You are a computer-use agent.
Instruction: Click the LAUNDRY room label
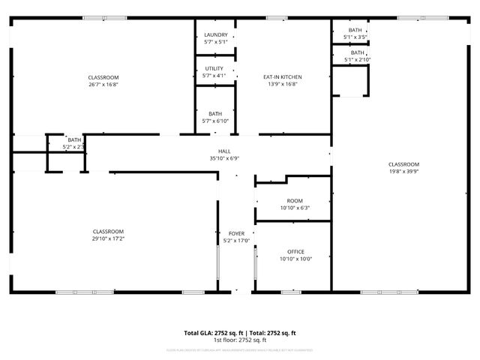click(x=215, y=34)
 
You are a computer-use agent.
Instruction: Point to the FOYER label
click(x=235, y=234)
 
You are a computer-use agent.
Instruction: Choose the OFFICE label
click(x=295, y=251)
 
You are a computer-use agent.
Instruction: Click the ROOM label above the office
click(x=295, y=201)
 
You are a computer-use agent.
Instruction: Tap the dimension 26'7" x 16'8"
click(x=103, y=85)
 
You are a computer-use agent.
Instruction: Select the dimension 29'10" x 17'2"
click(x=108, y=238)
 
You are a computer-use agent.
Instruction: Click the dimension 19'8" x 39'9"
click(x=403, y=172)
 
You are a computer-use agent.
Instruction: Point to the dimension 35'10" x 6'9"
click(x=224, y=158)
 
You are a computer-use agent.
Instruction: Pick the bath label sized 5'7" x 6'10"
click(x=215, y=121)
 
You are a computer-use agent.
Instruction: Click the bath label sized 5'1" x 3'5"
click(x=355, y=37)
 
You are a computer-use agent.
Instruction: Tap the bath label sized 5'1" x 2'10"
click(x=357, y=59)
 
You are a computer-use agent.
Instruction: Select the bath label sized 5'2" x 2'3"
click(x=73, y=147)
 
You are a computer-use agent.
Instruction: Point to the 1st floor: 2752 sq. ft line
click(x=240, y=340)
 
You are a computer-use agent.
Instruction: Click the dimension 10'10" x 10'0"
click(x=295, y=259)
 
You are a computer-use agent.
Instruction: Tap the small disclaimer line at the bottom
click(x=240, y=349)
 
